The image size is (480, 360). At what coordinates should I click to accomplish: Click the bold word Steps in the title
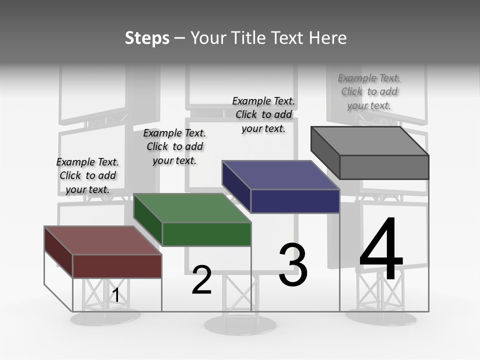pyautogui.click(x=147, y=38)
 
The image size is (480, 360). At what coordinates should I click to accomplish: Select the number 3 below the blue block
pyautogui.click(x=293, y=264)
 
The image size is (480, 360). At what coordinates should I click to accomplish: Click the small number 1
pyautogui.click(x=115, y=295)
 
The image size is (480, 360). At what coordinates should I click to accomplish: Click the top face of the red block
pyautogui.click(x=102, y=240)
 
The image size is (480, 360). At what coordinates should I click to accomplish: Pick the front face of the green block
pyautogui.click(x=206, y=234)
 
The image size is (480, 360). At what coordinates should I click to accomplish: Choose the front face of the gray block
pyautogui.click(x=384, y=167)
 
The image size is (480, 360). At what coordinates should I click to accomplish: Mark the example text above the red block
pyautogui.click(x=87, y=175)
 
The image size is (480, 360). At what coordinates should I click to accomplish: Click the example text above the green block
pyautogui.click(x=174, y=146)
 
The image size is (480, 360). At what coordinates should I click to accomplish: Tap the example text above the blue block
pyautogui.click(x=263, y=114)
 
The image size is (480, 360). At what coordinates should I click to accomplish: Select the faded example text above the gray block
pyautogui.click(x=369, y=91)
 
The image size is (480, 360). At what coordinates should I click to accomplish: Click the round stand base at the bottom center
pyautogui.click(x=240, y=325)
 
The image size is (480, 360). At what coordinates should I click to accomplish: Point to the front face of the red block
pyautogui.click(x=117, y=266)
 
